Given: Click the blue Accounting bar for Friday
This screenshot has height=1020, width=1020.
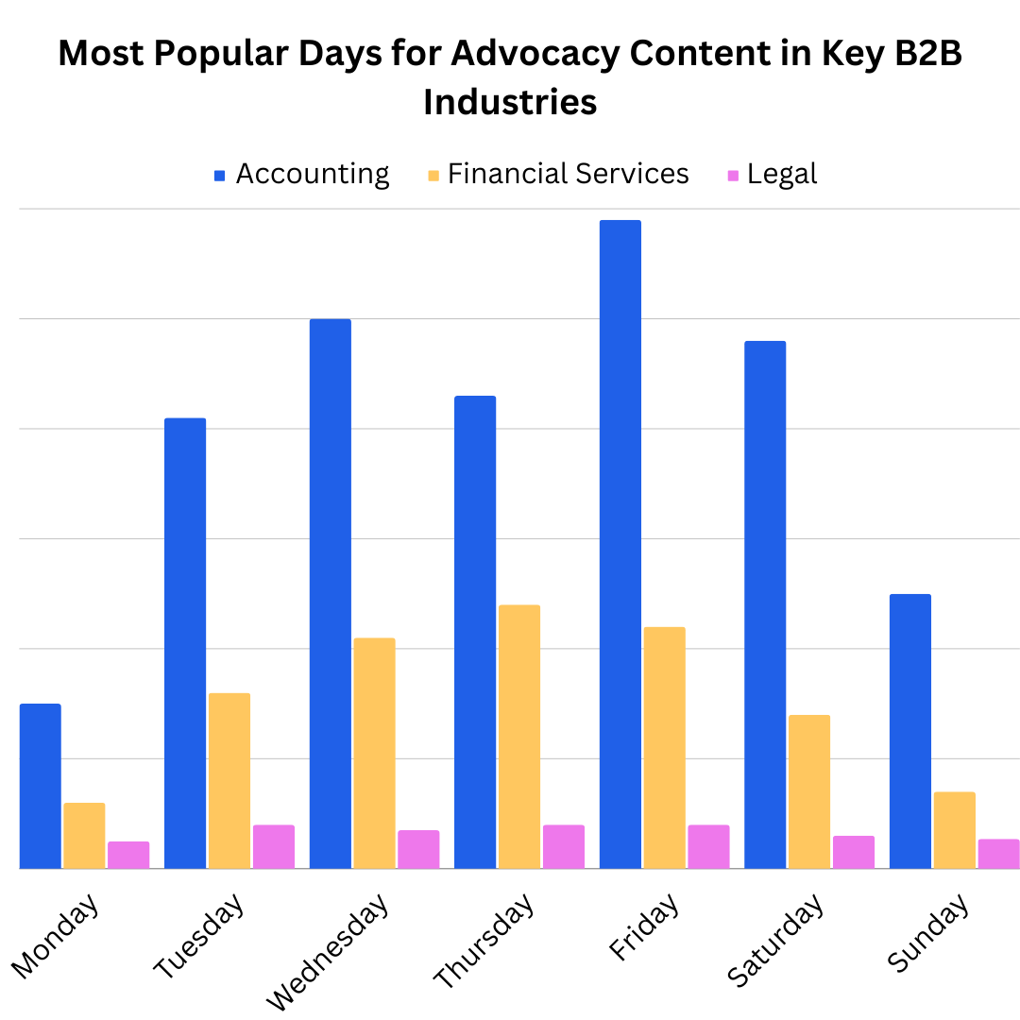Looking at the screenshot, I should pos(620,544).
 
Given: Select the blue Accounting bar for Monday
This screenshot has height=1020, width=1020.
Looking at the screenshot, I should pos(41,786).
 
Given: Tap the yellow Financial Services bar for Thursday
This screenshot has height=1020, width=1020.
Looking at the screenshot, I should pos(519,737).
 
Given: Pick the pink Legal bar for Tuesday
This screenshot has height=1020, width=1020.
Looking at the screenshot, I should pos(274,847).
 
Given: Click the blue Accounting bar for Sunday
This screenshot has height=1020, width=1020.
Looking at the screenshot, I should pos(910,731).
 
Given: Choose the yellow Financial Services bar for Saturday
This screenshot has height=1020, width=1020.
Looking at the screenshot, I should pos(809,791).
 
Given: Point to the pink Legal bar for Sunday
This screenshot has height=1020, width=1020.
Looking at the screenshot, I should pos(998,854).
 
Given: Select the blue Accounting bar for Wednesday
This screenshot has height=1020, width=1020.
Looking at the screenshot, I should pos(330,593).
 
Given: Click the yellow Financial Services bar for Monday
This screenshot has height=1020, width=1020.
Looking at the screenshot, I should pos(84,835).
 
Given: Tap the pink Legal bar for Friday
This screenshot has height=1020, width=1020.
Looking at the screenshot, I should pos(708,847).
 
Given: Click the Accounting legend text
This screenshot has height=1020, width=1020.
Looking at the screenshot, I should pos(313,175).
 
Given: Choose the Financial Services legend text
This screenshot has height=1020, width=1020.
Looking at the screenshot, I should pos(569,175).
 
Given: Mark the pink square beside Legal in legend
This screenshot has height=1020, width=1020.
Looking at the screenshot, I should pos(733,176).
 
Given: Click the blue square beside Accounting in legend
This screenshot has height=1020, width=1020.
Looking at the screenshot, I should pos(220,176).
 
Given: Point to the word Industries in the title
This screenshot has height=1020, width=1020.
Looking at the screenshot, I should pos(510,102).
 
